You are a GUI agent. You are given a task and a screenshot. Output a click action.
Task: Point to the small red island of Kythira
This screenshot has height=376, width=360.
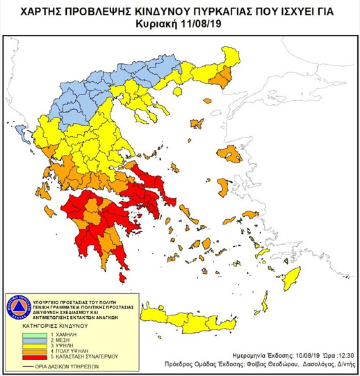point(122,278)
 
